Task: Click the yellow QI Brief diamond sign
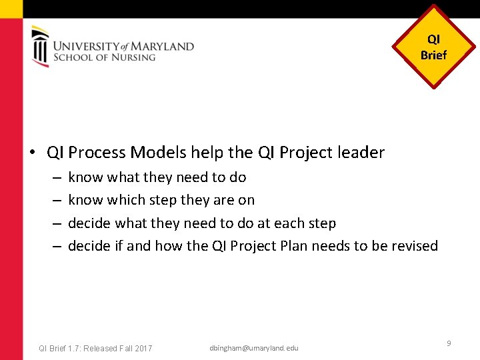tap(434, 47)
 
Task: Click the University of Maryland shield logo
tap(40, 46)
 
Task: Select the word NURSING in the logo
tap(133, 57)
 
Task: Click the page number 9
tap(449, 343)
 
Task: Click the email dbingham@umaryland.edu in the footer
tap(254, 348)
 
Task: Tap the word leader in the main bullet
tap(363, 153)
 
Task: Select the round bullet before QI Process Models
tap(32, 153)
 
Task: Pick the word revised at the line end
tap(415, 246)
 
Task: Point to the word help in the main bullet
tap(207, 153)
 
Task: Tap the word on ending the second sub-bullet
tap(246, 200)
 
